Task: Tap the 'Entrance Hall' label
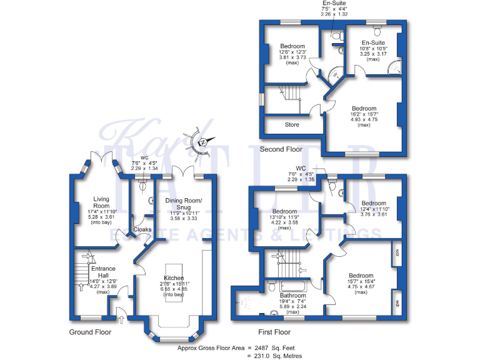click(104, 272)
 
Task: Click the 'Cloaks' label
click(141, 231)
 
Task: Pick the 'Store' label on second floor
click(292, 124)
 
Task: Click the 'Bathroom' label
click(292, 296)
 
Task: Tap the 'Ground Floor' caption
click(89, 332)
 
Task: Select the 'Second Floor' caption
click(281, 149)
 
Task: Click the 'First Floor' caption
click(275, 332)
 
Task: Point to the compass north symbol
click(202, 143)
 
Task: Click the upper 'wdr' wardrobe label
click(397, 254)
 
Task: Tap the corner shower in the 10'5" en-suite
click(394, 69)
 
